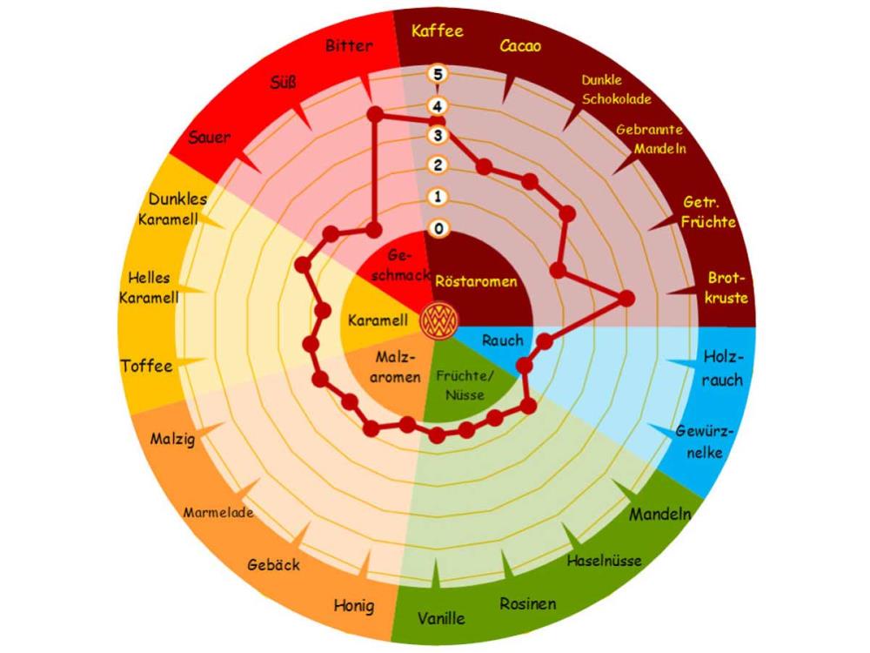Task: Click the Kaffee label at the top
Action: pyautogui.click(x=438, y=31)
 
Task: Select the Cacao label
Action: pyautogui.click(x=520, y=46)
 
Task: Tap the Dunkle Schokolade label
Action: pyautogui.click(x=616, y=89)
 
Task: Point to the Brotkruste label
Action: pyautogui.click(x=727, y=288)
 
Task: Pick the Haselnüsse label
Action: pyautogui.click(x=605, y=561)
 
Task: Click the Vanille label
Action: pyautogui.click(x=441, y=619)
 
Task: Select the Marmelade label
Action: pyautogui.click(x=218, y=512)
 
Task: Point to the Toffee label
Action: pyautogui.click(x=146, y=366)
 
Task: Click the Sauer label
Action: pyautogui.click(x=210, y=138)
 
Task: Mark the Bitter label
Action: pyautogui.click(x=349, y=45)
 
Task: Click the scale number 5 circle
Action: pyautogui.click(x=438, y=74)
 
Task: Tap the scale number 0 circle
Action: pyautogui.click(x=438, y=229)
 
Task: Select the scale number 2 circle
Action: pyautogui.click(x=438, y=166)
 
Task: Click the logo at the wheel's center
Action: pyautogui.click(x=437, y=320)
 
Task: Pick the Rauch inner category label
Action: pyautogui.click(x=502, y=340)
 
